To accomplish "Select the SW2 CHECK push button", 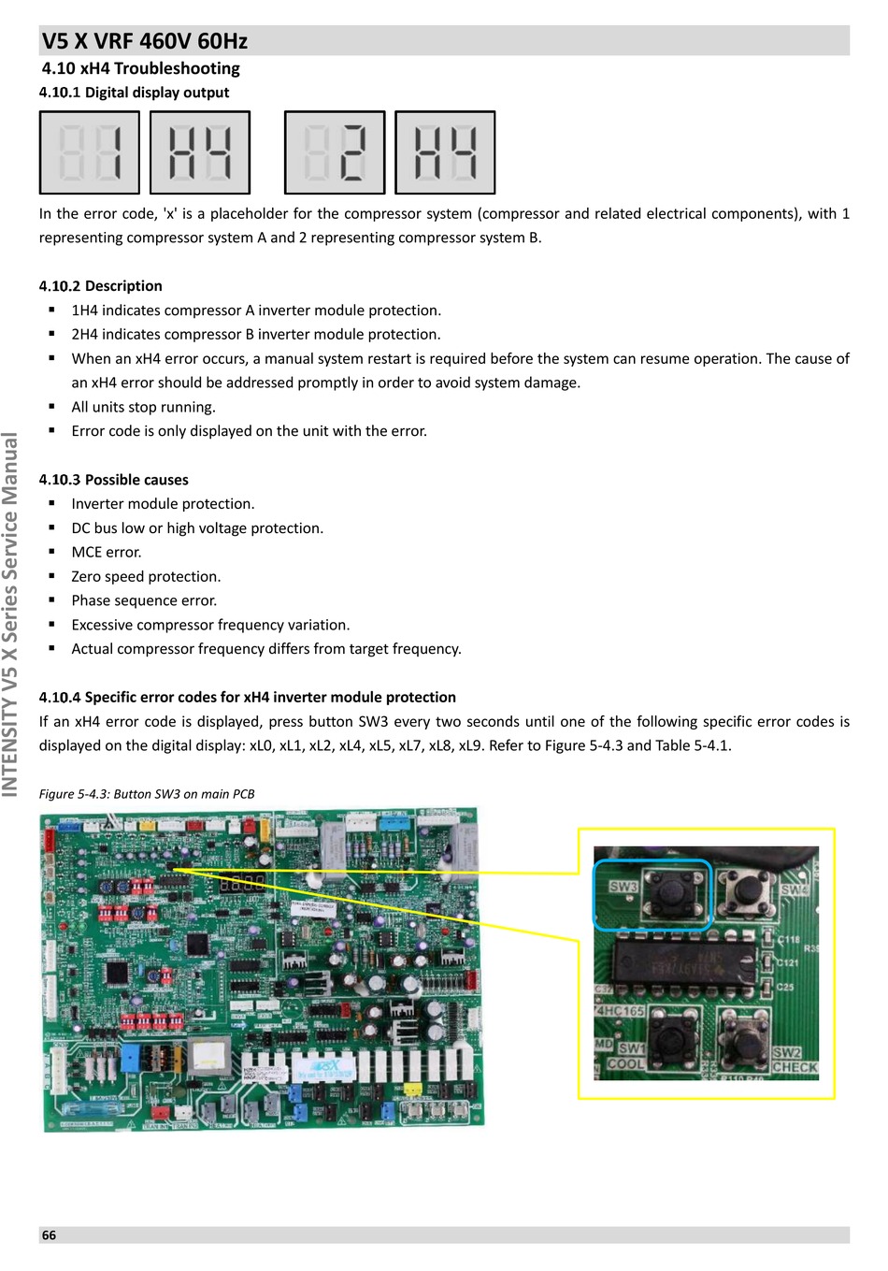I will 745,1039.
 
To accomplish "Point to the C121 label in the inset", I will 789,962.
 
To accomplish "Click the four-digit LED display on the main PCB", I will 240,882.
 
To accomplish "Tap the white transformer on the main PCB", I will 208,1054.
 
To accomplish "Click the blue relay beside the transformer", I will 131,1059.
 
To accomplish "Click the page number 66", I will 49,1235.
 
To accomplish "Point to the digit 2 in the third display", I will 352,152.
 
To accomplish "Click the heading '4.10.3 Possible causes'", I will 113,480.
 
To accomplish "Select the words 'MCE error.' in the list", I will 107,553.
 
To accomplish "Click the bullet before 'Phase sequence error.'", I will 51,600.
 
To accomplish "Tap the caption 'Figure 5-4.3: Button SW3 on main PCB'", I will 147,794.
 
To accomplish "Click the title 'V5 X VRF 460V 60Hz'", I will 145,41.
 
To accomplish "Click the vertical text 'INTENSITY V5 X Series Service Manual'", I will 10,614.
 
